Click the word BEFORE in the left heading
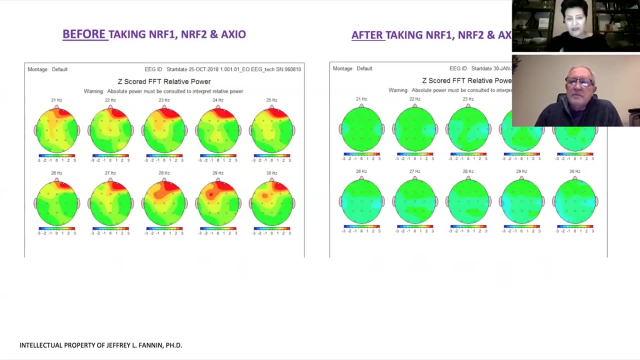84,34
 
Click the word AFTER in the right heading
367,35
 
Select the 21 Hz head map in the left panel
56,130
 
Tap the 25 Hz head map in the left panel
271,130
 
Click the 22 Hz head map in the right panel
414,129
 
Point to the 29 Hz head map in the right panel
521,202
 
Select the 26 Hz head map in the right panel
361,202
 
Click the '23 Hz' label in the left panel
164,100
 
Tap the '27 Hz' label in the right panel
414,171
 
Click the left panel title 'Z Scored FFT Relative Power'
164,81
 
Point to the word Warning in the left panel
93,91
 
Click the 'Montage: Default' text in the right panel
352,68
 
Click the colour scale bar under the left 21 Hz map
56,155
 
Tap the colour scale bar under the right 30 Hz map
575,226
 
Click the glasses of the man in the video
579,82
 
